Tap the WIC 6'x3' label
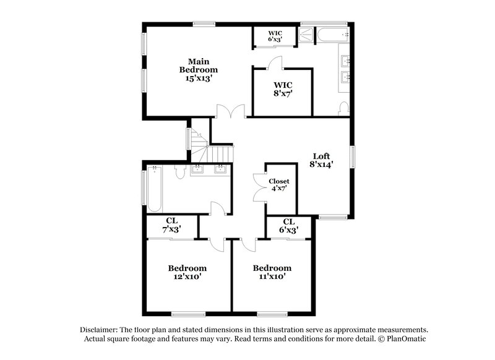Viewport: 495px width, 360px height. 274,36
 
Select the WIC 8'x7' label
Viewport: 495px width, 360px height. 283,89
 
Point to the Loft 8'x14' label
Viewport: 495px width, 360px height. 321,161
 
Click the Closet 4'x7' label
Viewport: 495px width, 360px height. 278,185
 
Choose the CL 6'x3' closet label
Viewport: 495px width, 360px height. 288,226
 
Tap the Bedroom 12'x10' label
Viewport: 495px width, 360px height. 187,272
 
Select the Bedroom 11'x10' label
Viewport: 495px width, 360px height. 272,272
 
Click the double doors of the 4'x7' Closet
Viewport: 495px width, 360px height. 259,186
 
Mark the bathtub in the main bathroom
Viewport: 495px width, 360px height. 325,36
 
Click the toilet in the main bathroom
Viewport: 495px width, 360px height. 343,108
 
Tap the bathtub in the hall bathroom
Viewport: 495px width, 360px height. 154,189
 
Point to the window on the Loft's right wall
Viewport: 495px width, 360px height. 353,156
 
